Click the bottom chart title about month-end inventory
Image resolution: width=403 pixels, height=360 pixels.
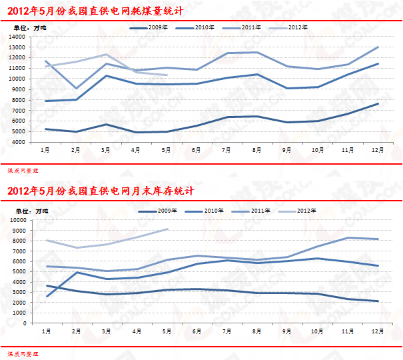(100, 191)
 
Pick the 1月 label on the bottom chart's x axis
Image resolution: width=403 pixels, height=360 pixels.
(45, 331)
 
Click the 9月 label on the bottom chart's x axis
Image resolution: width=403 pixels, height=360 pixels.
(287, 331)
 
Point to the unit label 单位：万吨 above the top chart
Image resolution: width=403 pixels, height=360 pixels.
(27, 27)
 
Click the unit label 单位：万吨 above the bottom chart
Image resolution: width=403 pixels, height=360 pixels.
(27, 211)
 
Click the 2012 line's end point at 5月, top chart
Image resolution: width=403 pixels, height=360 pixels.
(167, 75)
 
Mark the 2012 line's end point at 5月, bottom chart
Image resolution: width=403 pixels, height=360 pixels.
(167, 229)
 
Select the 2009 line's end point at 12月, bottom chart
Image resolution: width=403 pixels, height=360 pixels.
(378, 301)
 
